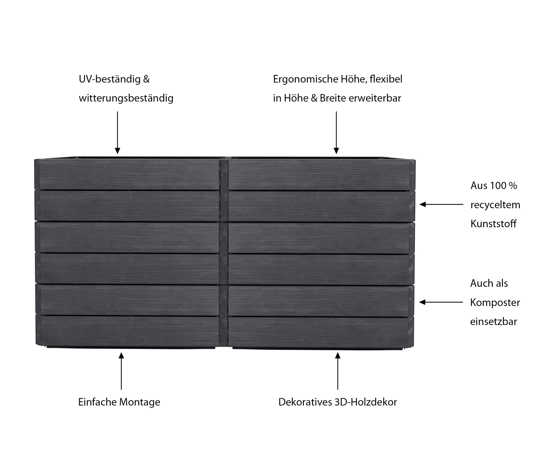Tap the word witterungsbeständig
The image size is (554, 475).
point(126,98)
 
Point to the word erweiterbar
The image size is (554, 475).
point(375,98)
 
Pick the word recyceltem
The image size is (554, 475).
point(495,205)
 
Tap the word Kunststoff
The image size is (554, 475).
point(493,224)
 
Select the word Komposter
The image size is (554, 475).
point(495,303)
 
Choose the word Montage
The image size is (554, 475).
point(140,402)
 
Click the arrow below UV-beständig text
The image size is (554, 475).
point(117,132)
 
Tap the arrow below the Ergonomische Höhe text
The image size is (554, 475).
point(336,132)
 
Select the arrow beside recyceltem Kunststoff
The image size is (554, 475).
point(441,204)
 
